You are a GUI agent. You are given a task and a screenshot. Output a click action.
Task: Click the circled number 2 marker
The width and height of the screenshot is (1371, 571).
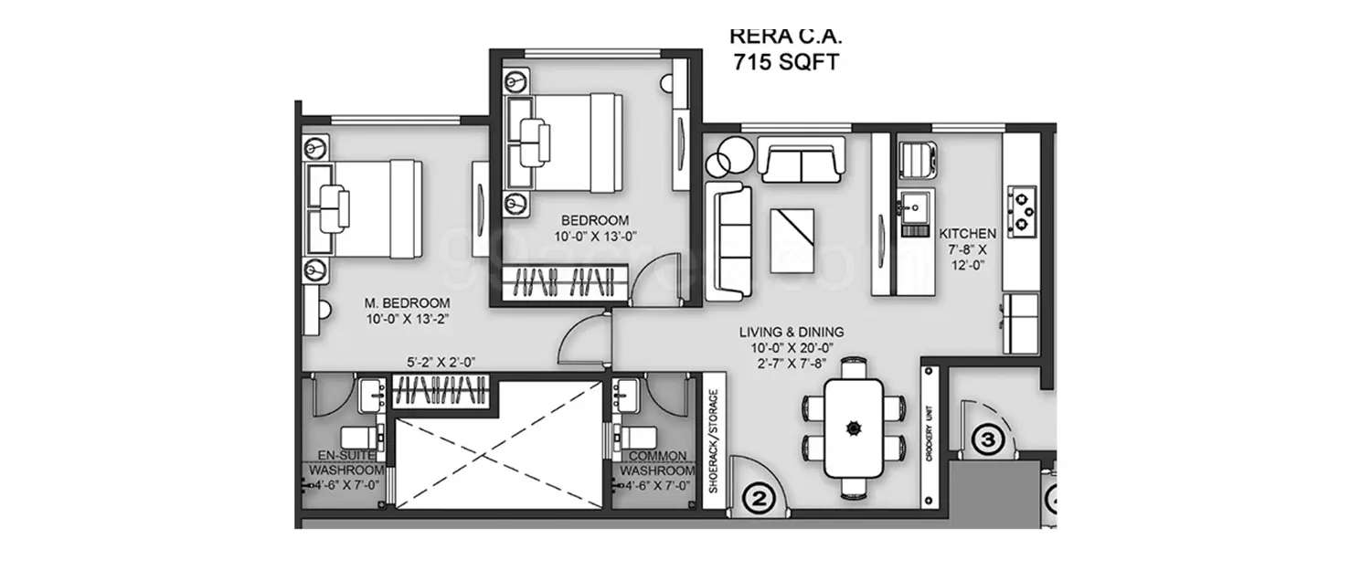pos(757,499)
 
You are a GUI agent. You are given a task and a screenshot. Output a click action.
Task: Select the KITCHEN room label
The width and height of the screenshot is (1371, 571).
pos(968,234)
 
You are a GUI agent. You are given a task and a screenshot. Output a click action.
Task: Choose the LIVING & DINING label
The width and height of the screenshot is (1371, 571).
pos(792,332)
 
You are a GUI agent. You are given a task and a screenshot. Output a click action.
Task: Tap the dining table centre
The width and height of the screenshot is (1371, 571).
pos(854,425)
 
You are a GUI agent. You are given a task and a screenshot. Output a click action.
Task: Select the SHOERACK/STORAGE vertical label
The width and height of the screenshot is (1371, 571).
pos(715,441)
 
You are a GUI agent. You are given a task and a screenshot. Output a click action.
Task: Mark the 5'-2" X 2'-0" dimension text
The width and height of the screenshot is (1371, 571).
pos(443,362)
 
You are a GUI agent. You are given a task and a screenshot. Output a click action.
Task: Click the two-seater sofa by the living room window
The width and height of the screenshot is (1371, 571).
pos(801,163)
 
